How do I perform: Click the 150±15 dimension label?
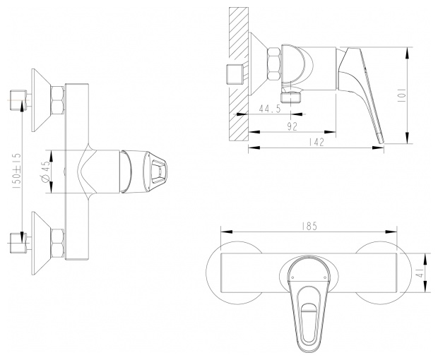pos(16,171)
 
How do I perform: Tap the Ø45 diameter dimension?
pos(46,172)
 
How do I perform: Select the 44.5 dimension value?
pos(270,109)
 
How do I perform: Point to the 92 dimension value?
pos(292,126)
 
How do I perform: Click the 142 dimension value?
pos(316,142)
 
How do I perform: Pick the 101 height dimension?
pos(402,95)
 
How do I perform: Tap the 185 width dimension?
pos(309,226)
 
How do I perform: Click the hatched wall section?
pos(239,73)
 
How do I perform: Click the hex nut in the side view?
pos(274,64)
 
